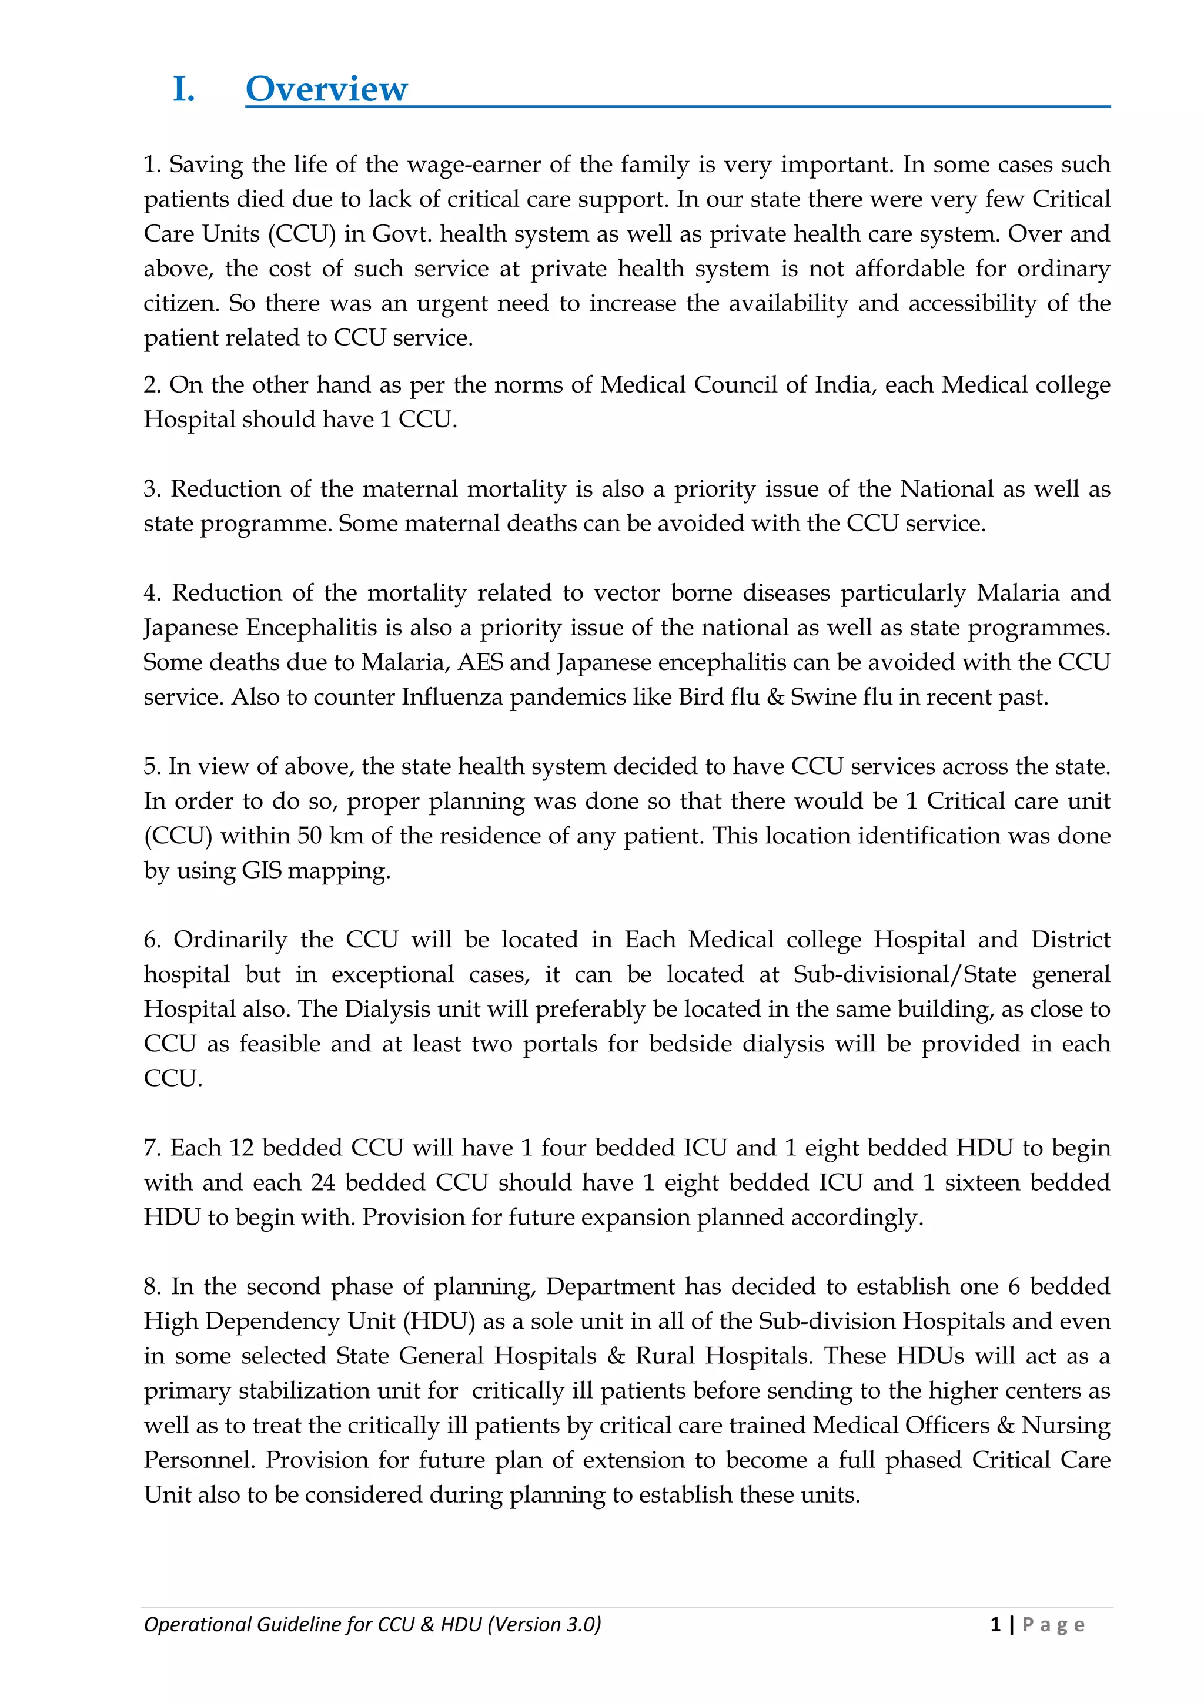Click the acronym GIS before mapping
click(261, 871)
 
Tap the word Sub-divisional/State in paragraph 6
click(904, 975)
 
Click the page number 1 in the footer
click(995, 1624)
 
